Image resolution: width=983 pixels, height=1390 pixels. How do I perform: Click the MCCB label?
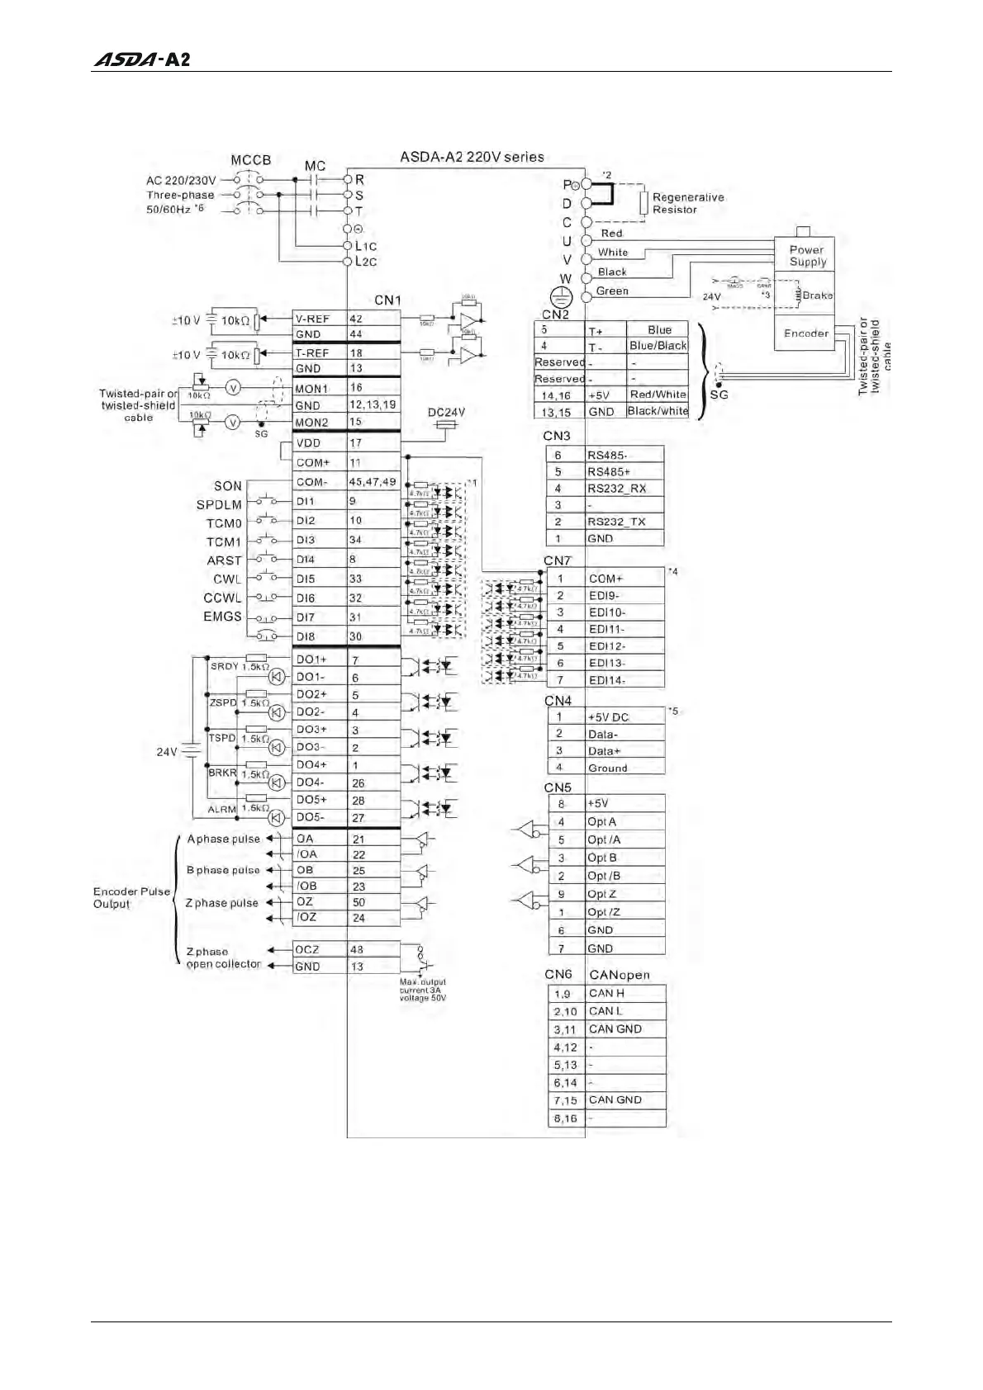click(250, 160)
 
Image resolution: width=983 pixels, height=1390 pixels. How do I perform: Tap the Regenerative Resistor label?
click(687, 203)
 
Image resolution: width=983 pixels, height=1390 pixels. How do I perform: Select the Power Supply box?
click(806, 256)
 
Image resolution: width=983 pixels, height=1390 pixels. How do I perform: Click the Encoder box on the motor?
click(805, 333)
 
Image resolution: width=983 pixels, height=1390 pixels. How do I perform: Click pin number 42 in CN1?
click(356, 319)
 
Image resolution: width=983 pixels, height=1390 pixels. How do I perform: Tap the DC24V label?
click(446, 412)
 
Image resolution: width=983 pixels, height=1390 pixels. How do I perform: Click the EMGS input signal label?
click(222, 617)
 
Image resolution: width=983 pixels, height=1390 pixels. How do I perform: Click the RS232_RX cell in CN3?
click(624, 488)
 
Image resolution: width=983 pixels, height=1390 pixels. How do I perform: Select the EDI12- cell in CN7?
click(624, 646)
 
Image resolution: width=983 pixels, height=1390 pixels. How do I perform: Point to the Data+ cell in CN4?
click(624, 751)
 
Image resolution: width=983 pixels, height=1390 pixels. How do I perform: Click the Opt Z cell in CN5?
click(624, 894)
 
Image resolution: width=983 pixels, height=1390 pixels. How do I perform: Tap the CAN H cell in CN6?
click(624, 993)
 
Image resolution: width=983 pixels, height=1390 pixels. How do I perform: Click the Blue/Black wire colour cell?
click(658, 346)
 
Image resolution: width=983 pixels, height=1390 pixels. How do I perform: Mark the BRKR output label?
click(222, 773)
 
